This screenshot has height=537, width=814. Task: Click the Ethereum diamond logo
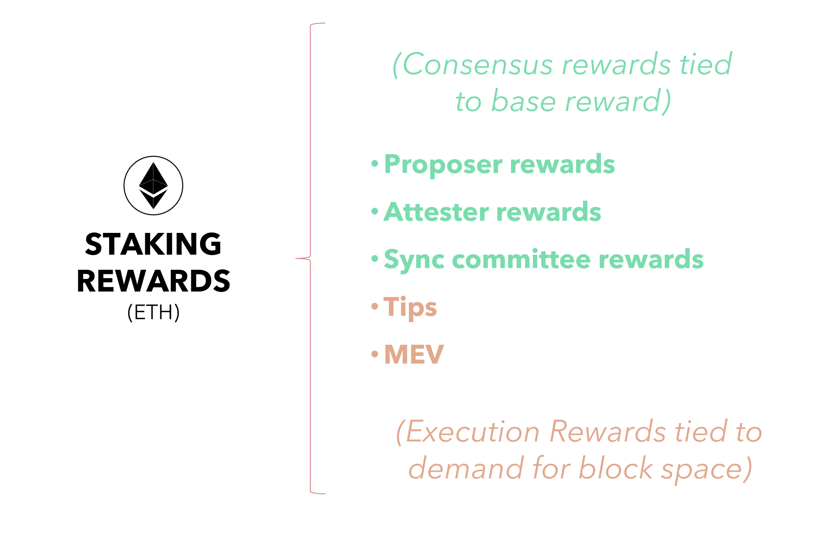[153, 186]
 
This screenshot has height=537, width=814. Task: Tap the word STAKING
[153, 244]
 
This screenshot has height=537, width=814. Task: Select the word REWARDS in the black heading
[153, 281]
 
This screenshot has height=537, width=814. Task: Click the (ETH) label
[153, 312]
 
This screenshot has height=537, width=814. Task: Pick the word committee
[521, 259]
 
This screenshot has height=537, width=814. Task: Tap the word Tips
[410, 307]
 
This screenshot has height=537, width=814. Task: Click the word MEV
[414, 355]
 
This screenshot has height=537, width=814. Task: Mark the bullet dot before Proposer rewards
[375, 164]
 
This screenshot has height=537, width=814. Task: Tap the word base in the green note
[523, 102]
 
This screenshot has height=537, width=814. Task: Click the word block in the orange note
[615, 468]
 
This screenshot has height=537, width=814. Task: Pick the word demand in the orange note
[466, 468]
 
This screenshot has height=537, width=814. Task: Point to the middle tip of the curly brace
[297, 258]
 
